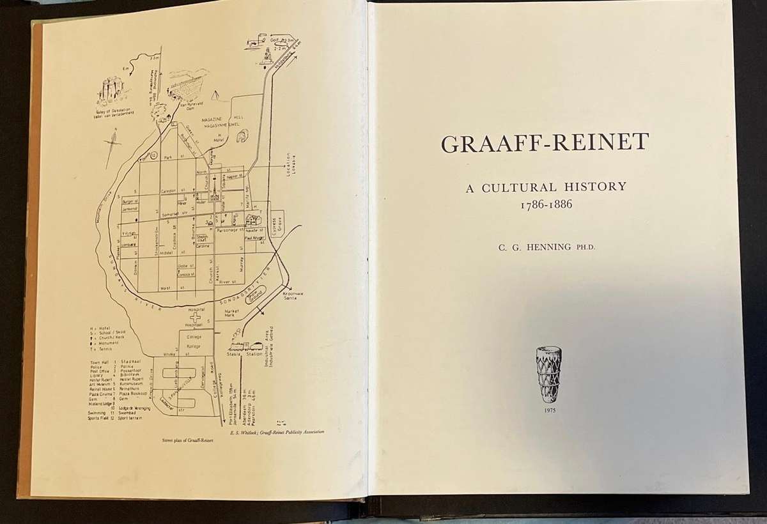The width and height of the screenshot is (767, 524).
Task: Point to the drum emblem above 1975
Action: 548,374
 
